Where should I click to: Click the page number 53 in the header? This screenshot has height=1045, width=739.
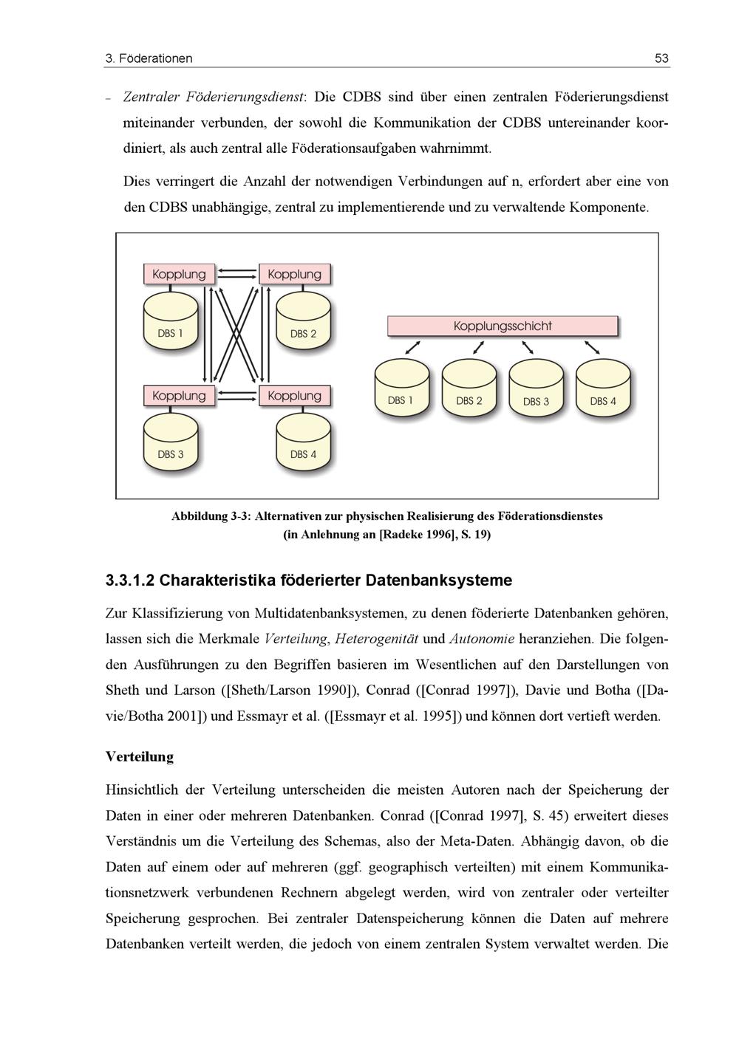click(x=661, y=58)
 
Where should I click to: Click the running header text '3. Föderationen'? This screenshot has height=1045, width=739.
click(x=149, y=58)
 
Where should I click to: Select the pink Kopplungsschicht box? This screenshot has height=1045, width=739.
click(x=503, y=326)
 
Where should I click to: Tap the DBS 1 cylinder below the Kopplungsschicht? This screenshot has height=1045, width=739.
click(x=401, y=390)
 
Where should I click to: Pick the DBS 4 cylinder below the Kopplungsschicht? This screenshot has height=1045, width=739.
click(x=603, y=390)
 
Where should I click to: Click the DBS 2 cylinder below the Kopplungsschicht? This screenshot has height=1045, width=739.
click(x=469, y=390)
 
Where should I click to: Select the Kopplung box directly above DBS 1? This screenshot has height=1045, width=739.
click(x=179, y=274)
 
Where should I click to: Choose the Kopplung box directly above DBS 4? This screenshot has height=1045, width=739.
click(x=294, y=396)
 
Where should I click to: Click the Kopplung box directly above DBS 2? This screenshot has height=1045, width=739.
click(x=294, y=274)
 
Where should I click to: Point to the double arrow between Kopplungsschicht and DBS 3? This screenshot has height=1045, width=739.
click(x=528, y=347)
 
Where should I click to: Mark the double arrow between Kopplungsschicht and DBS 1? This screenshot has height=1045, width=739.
click(x=414, y=347)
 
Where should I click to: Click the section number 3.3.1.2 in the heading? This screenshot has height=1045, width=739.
click(x=130, y=580)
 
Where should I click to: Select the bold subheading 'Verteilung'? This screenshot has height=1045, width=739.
click(x=140, y=757)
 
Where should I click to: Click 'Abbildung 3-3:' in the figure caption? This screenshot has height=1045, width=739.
click(x=211, y=516)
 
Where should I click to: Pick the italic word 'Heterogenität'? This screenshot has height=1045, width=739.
click(x=377, y=639)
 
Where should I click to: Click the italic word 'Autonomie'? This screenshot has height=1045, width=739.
click(x=481, y=639)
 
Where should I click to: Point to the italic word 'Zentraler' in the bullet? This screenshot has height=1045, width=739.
click(x=151, y=97)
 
